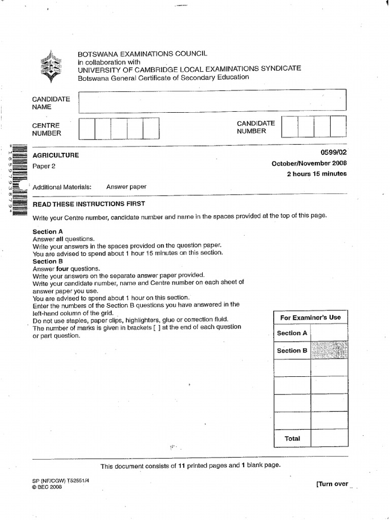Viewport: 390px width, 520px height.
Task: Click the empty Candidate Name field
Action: (x=212, y=100)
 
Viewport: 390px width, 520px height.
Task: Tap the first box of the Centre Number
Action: (x=87, y=128)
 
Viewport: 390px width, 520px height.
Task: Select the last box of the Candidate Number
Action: (x=338, y=126)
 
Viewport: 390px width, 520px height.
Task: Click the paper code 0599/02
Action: (x=335, y=152)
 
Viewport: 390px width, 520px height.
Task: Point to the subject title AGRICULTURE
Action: (x=56, y=155)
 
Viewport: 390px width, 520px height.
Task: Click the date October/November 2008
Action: (x=309, y=163)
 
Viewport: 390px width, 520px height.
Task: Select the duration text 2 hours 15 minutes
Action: (x=317, y=174)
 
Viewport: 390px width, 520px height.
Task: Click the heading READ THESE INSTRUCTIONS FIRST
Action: (x=89, y=204)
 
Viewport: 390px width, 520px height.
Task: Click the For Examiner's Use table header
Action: (x=310, y=317)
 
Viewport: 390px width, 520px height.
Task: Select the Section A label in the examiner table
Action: (x=292, y=333)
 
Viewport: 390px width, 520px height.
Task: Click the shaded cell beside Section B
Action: (x=329, y=350)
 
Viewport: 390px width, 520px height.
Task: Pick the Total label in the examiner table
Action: (x=292, y=438)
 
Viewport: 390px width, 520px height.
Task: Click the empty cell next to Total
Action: (x=329, y=438)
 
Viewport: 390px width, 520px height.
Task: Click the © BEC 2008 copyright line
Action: (x=47, y=486)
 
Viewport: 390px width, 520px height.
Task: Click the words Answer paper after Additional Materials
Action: (x=126, y=187)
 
